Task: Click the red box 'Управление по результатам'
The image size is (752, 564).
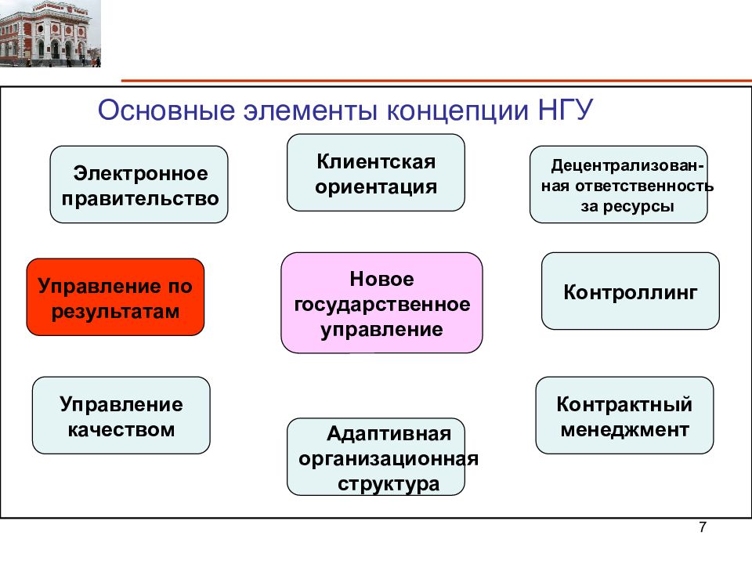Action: coord(115,297)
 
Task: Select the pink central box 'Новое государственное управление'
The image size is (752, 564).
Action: coord(381,302)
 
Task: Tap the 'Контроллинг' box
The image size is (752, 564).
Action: coord(630,291)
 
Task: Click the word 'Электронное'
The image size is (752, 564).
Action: coord(141,172)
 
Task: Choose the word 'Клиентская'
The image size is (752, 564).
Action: coord(375,161)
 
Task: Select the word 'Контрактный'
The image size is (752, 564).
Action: coord(624,404)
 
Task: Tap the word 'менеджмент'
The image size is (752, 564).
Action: coord(624,429)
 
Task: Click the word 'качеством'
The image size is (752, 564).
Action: coord(121,429)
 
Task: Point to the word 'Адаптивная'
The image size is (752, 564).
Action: coord(389,432)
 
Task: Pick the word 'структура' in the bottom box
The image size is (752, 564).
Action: coord(389,484)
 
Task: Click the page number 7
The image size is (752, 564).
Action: coord(702,528)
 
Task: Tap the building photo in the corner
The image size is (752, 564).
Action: coord(50,34)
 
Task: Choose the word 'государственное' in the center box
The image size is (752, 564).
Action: coord(381,303)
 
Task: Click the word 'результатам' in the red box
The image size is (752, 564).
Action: coord(115,311)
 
